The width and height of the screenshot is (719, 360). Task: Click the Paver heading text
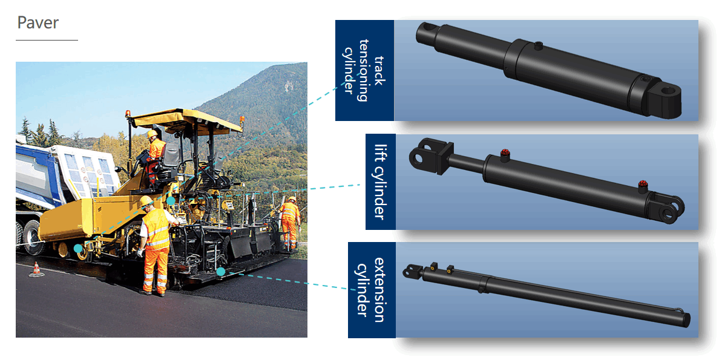point(38,22)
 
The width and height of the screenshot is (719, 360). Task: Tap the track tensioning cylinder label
point(364,70)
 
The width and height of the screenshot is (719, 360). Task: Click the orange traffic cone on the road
point(36,270)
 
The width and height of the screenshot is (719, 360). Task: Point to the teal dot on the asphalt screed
point(220,272)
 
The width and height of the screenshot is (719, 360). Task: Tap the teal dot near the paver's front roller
point(78,248)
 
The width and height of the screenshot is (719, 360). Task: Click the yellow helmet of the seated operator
point(152,134)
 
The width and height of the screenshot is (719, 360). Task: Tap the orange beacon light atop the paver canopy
point(128,113)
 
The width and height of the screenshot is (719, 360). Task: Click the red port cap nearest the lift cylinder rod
point(505,152)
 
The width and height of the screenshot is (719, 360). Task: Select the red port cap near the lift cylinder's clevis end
point(642,185)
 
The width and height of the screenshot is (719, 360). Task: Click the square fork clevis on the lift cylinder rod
point(431,156)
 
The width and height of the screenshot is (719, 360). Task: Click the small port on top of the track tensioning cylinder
point(539,46)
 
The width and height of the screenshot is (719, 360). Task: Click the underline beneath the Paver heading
point(47,40)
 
